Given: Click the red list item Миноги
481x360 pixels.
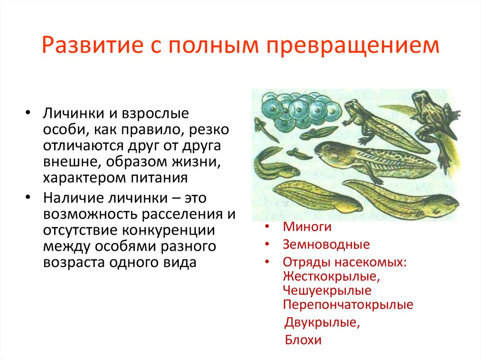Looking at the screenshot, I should (x=307, y=228).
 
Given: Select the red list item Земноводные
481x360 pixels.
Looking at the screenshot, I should (x=326, y=245).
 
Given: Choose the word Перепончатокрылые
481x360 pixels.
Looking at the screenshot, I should (x=348, y=305).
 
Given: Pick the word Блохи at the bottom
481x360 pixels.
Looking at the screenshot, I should (x=303, y=340).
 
